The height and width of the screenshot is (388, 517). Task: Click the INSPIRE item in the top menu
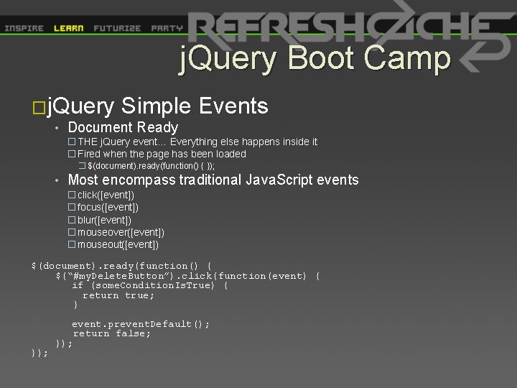pyautogui.click(x=24, y=29)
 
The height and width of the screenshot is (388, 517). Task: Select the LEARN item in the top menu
pyautogui.click(x=69, y=29)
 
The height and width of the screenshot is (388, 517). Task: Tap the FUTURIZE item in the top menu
pyautogui.click(x=117, y=29)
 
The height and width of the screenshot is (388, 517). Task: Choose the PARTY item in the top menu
pyautogui.click(x=167, y=29)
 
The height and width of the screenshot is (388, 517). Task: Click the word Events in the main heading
pyautogui.click(x=234, y=107)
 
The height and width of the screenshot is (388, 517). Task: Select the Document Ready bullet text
pyautogui.click(x=122, y=128)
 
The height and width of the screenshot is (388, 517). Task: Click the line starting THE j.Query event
pyautogui.click(x=197, y=142)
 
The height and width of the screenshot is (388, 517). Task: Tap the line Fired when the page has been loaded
pyautogui.click(x=162, y=154)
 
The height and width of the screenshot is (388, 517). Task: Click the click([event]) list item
pyautogui.click(x=106, y=195)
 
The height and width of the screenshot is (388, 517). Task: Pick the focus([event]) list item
pyautogui.click(x=108, y=208)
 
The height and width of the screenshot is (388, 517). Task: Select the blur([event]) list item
pyautogui.click(x=104, y=220)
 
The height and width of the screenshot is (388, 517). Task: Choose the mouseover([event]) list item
pyautogui.click(x=121, y=232)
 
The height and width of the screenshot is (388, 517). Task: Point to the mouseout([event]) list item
pyautogui.click(x=118, y=244)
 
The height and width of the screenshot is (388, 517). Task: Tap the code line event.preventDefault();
pyautogui.click(x=141, y=324)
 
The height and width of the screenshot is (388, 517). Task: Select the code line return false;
pyautogui.click(x=112, y=333)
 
